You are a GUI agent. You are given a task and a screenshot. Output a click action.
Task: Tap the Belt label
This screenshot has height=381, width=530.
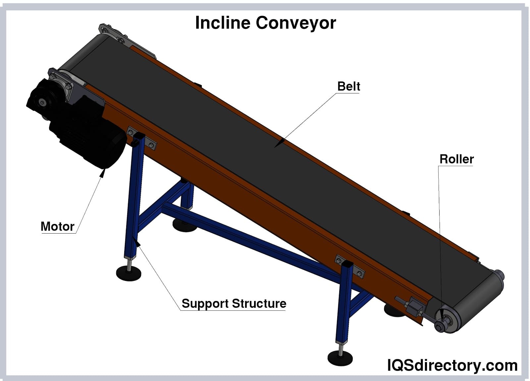[x=348, y=86]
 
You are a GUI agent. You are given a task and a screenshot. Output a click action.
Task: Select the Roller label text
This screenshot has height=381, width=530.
[x=456, y=159]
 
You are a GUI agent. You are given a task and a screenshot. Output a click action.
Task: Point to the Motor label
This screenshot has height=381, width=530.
[x=57, y=227]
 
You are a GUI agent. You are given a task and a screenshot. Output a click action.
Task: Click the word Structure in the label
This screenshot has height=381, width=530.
[x=259, y=304]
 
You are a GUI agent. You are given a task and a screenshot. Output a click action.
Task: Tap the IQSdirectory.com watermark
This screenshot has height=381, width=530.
[x=452, y=365]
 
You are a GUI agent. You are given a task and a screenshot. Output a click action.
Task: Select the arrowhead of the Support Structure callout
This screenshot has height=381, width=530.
[x=137, y=243]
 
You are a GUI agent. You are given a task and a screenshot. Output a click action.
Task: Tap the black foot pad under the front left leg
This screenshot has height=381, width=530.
[x=129, y=273]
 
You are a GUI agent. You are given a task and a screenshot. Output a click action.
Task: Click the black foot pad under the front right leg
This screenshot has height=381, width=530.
[x=340, y=357]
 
